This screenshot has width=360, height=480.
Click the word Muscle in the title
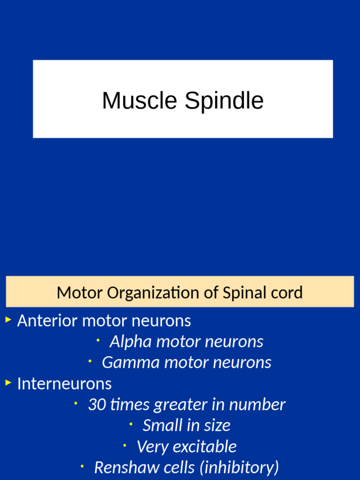139,101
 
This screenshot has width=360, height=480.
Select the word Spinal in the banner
238,293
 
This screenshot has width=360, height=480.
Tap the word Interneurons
64,383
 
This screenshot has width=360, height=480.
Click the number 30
97,405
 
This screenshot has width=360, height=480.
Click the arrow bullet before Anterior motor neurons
8,320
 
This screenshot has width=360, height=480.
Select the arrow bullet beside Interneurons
8,382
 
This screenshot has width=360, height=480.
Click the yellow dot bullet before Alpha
97,340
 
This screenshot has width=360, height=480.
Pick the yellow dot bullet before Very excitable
125,445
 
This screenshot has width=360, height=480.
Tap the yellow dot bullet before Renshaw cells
82,466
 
